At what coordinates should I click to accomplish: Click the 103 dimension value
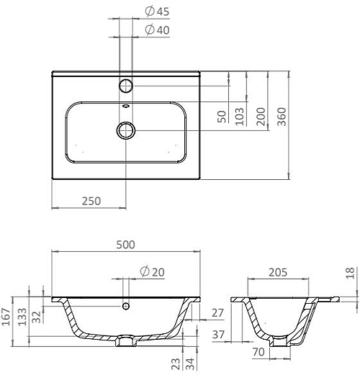click(x=240, y=115)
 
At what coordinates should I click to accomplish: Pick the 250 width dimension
click(x=90, y=201)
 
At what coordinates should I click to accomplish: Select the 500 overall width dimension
click(x=125, y=245)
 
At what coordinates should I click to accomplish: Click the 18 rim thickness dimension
click(x=351, y=274)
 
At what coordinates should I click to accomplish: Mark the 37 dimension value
click(x=219, y=335)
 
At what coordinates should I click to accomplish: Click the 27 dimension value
click(x=219, y=312)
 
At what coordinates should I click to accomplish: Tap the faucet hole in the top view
click(x=126, y=86)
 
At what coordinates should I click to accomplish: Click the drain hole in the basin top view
click(x=126, y=130)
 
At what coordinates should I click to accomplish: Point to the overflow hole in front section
click(x=126, y=306)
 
